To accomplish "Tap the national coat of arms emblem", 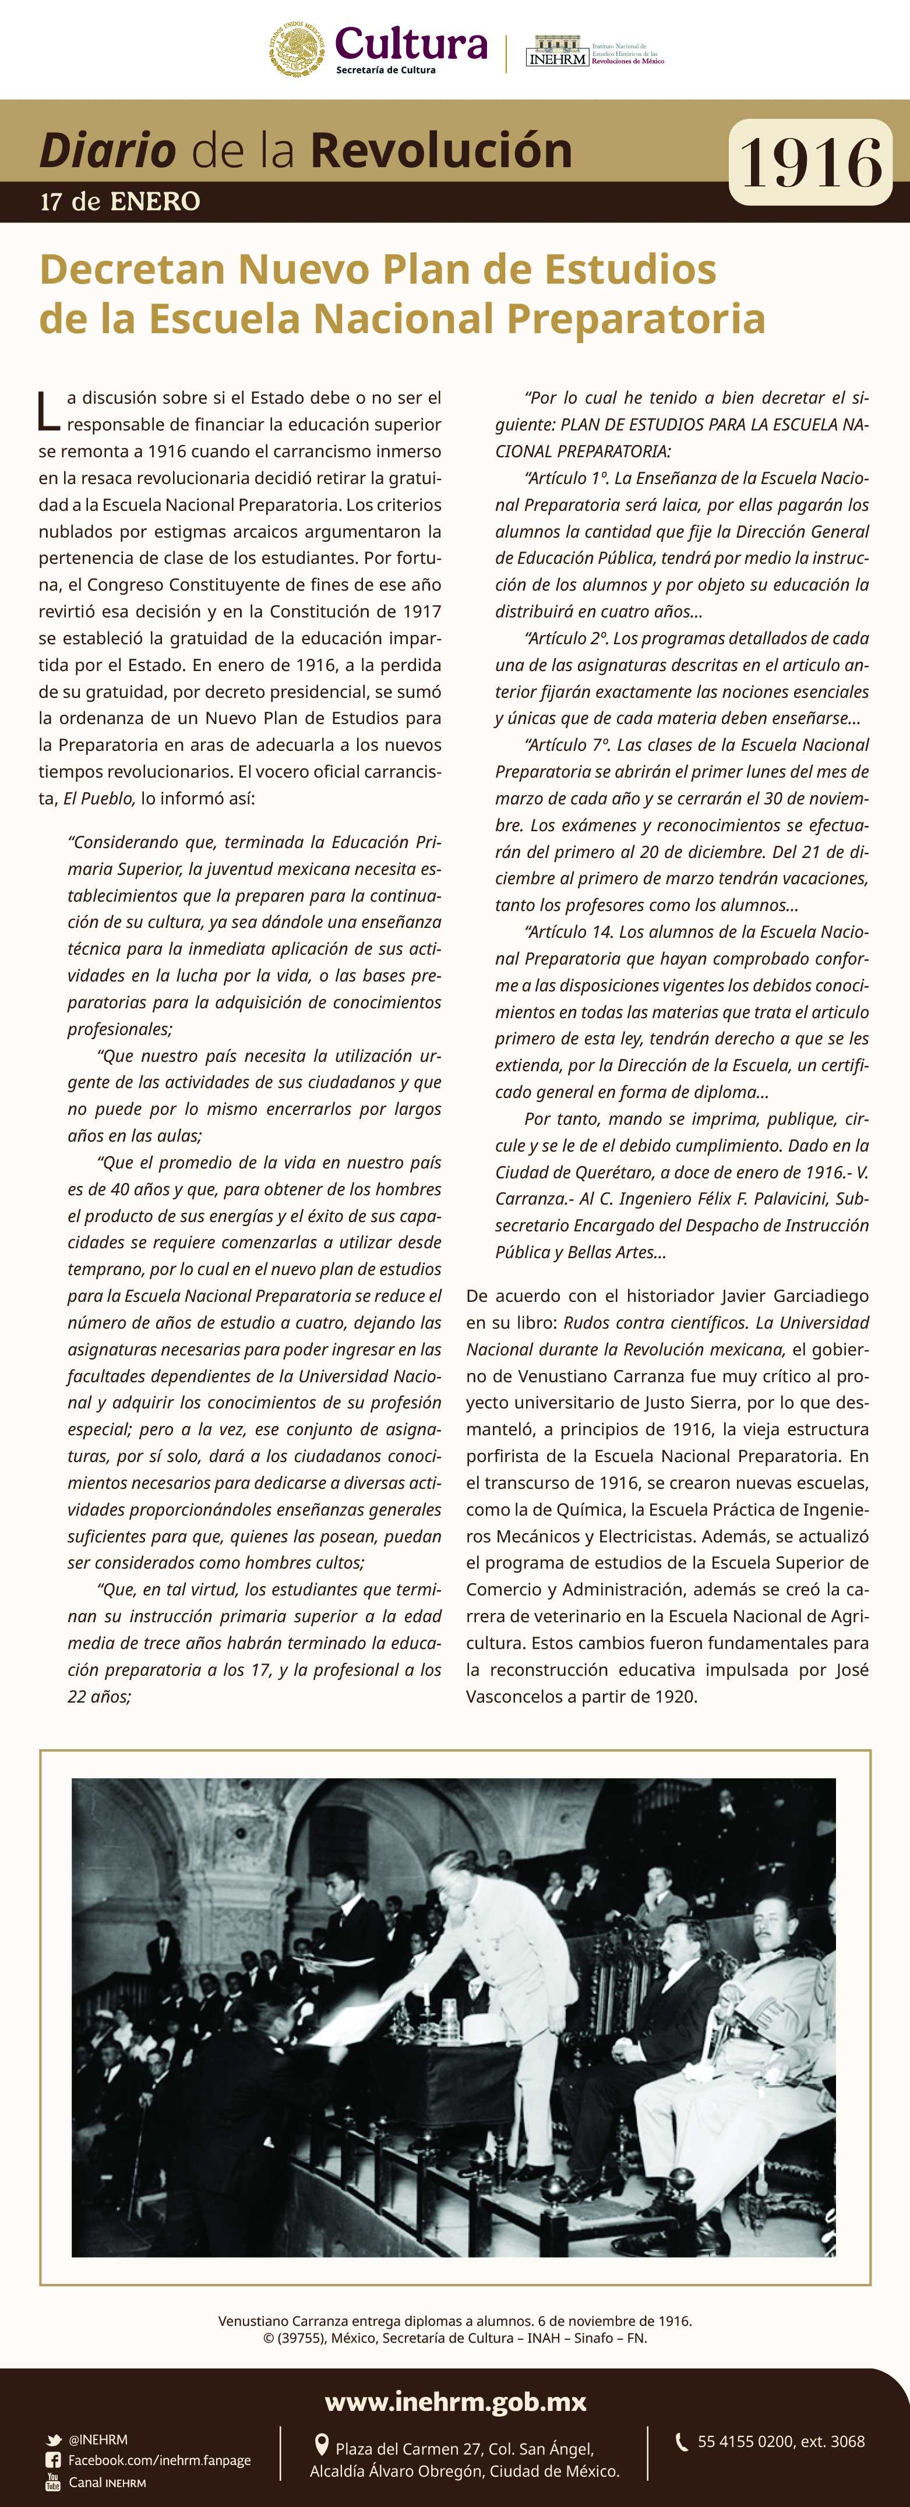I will coord(297,49).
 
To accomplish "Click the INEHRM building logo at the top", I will coord(557,51).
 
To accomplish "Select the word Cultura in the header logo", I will coord(411,44).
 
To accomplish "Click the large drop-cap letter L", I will coord(48,411).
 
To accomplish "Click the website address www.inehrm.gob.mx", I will coord(456,2402).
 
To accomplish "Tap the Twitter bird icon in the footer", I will coord(55,2440).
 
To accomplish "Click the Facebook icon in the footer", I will coord(54,2460).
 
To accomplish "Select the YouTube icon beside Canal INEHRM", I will coord(54,2482).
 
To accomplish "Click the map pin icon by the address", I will coord(321,2445).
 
